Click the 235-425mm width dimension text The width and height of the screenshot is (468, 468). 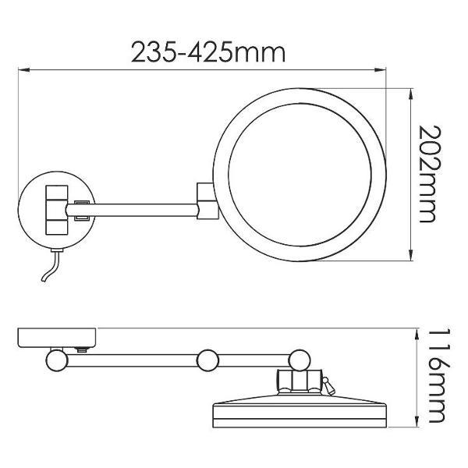coord(208,52)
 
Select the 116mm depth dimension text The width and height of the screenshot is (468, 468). coord(439,376)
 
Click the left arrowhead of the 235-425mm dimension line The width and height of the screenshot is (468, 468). coord(24,70)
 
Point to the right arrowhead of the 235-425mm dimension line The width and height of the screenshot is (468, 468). coord(380,70)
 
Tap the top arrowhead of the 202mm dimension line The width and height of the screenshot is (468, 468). coord(412,94)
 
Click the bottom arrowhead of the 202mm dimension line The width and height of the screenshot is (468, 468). coord(412,255)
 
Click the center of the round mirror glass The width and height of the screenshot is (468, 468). coord(300,175)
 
